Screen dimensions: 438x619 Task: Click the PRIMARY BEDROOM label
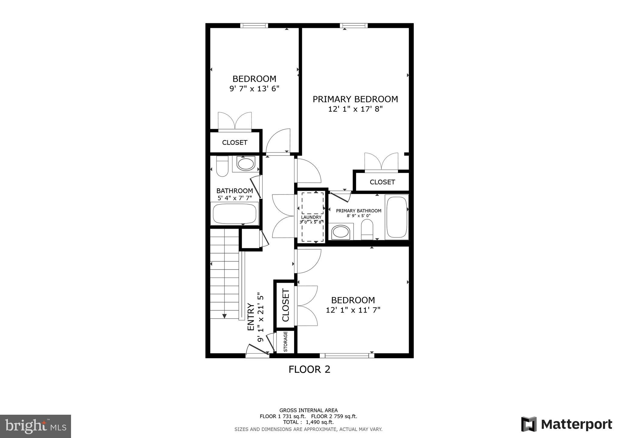(355, 99)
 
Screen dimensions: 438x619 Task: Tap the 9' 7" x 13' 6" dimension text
(254, 89)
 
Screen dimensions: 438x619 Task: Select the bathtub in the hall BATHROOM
(235, 214)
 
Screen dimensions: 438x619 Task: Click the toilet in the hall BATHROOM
(222, 166)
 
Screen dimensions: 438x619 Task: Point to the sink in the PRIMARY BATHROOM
(341, 232)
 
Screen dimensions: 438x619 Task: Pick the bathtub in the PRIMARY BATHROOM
(397, 217)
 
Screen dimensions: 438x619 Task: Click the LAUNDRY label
(311, 217)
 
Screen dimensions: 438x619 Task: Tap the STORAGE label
(285, 342)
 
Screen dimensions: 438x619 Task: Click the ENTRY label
(251, 317)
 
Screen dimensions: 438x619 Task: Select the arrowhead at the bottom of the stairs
(224, 316)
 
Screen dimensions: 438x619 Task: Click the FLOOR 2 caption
(309, 369)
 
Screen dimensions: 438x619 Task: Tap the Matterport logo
(566, 424)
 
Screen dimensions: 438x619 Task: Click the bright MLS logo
(35, 427)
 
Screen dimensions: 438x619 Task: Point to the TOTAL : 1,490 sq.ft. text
(308, 422)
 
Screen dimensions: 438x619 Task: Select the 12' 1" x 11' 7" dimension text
(353, 310)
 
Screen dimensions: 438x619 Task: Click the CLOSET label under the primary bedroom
(382, 182)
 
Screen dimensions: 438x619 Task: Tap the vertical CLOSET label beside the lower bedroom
(286, 305)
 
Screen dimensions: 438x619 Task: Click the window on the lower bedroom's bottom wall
(347, 356)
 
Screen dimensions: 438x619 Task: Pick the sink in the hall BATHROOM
(245, 164)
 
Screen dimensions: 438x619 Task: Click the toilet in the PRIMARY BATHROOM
(367, 229)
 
